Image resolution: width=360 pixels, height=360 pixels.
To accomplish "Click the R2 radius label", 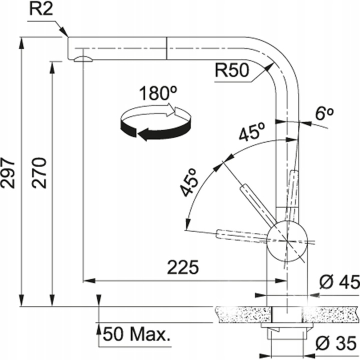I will tap(41, 10).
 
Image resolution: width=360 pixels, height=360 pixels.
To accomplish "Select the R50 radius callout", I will tap(231, 71).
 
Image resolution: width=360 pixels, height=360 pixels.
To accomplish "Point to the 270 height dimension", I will tap(40, 172).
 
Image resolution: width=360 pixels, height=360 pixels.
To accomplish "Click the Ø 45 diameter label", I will tap(338, 282).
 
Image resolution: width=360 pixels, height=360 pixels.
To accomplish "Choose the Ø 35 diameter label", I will tap(337, 343).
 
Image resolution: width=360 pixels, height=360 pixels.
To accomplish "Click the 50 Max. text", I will tap(136, 333).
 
